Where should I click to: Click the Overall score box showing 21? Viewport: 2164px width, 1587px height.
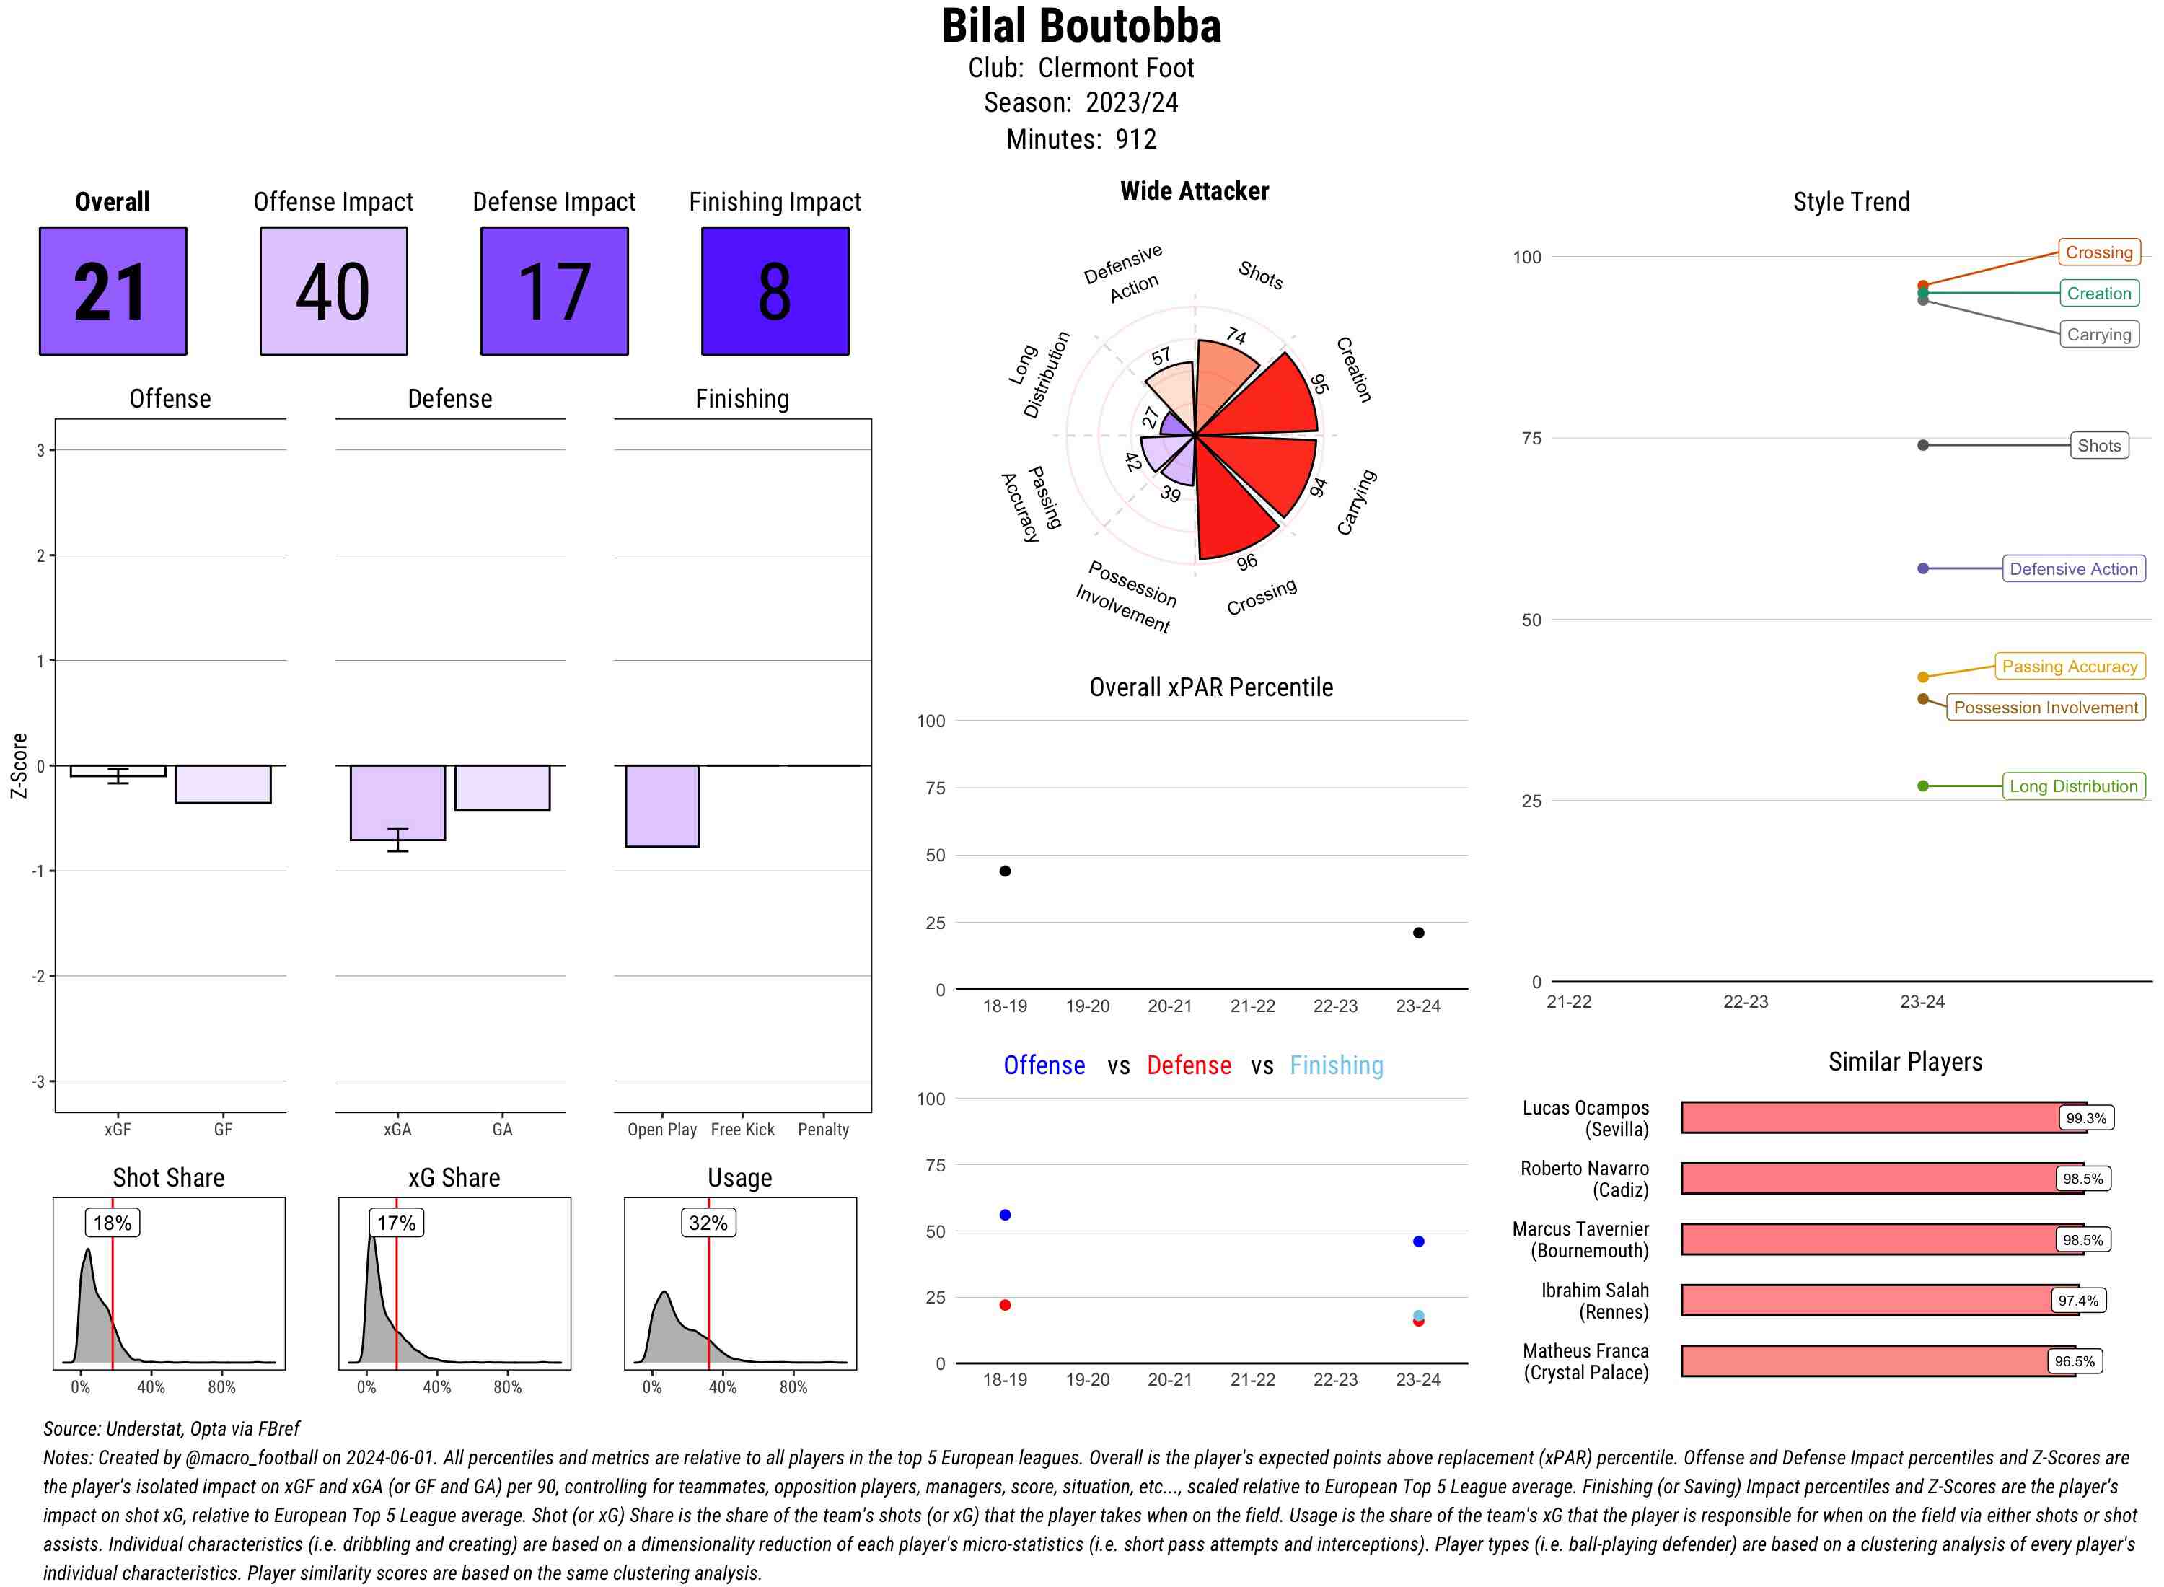click(x=113, y=291)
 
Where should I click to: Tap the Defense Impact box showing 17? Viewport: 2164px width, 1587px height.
click(x=554, y=291)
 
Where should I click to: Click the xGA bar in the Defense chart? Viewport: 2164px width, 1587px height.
click(x=397, y=802)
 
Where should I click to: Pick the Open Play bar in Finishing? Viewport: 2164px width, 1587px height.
click(x=661, y=806)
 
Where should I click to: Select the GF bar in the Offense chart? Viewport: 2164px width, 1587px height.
click(x=223, y=784)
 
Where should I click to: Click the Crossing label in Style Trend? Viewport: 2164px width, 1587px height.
click(x=2098, y=252)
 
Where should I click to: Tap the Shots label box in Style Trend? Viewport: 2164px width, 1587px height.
click(x=2098, y=446)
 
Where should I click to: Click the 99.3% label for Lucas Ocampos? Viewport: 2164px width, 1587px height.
click(x=2085, y=1118)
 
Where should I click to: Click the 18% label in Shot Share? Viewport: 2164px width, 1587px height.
click(x=113, y=1223)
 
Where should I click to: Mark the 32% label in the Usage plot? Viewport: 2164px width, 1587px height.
click(x=708, y=1223)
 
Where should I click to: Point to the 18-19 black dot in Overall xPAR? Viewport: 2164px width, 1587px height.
click(x=1005, y=871)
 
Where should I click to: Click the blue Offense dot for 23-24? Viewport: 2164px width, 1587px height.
click(x=1417, y=1241)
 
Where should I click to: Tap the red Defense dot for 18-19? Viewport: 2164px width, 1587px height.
click(x=1005, y=1304)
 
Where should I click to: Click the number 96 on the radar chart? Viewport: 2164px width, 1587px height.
click(x=1246, y=562)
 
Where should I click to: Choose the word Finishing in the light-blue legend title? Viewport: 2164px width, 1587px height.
click(x=1336, y=1065)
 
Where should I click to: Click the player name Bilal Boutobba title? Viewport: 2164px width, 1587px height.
click(x=1081, y=27)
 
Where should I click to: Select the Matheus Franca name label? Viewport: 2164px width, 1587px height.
click(x=1585, y=1361)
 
